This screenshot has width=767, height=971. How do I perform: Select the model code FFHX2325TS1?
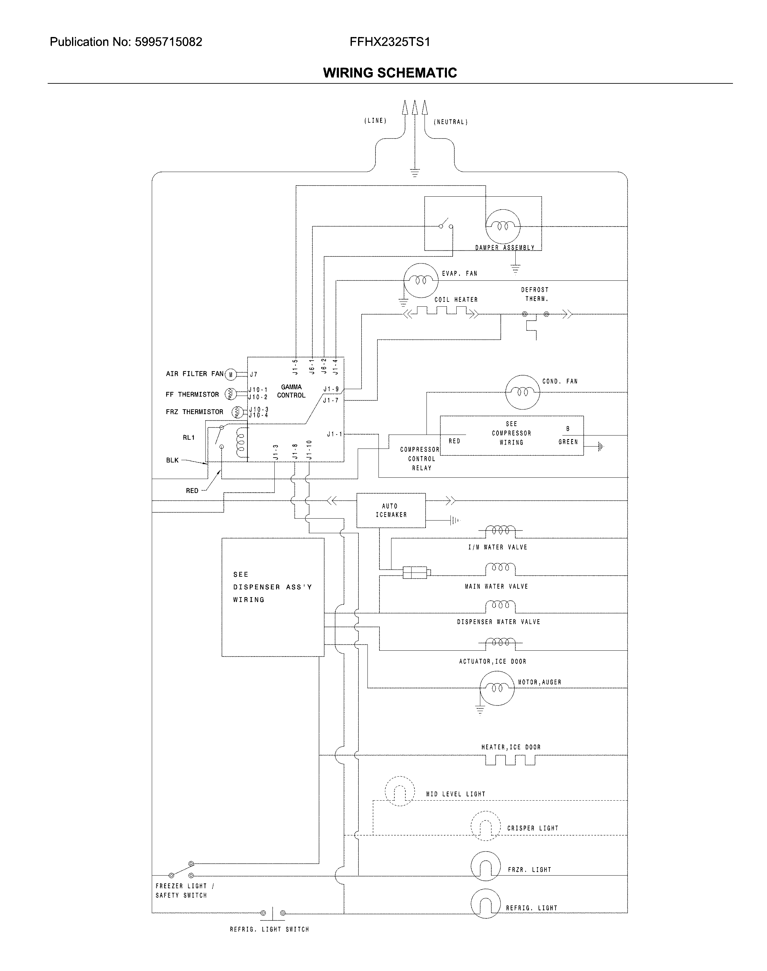(x=390, y=42)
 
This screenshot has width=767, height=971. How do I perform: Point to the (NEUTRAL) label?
(x=450, y=122)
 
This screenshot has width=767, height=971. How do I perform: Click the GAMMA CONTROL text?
(x=291, y=391)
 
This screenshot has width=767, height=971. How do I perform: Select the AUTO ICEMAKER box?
(x=391, y=510)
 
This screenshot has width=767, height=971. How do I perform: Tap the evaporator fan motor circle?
(x=420, y=280)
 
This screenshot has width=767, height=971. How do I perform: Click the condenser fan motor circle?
(x=522, y=392)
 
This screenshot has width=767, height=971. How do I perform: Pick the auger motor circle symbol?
(x=497, y=688)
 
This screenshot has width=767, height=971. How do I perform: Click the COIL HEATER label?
(x=456, y=300)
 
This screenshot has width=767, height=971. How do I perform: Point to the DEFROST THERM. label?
(x=535, y=294)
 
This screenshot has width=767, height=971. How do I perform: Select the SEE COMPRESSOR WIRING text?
(x=511, y=433)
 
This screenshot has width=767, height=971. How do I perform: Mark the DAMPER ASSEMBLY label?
(x=505, y=248)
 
